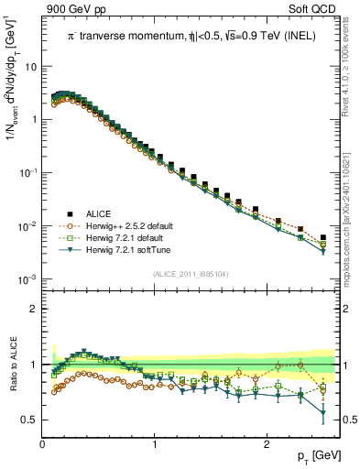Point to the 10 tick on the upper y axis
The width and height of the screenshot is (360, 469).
click(x=31, y=67)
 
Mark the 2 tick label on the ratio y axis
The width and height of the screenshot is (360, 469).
click(x=33, y=309)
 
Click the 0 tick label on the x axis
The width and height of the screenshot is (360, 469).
click(x=43, y=444)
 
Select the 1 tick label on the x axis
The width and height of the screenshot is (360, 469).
click(x=155, y=444)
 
